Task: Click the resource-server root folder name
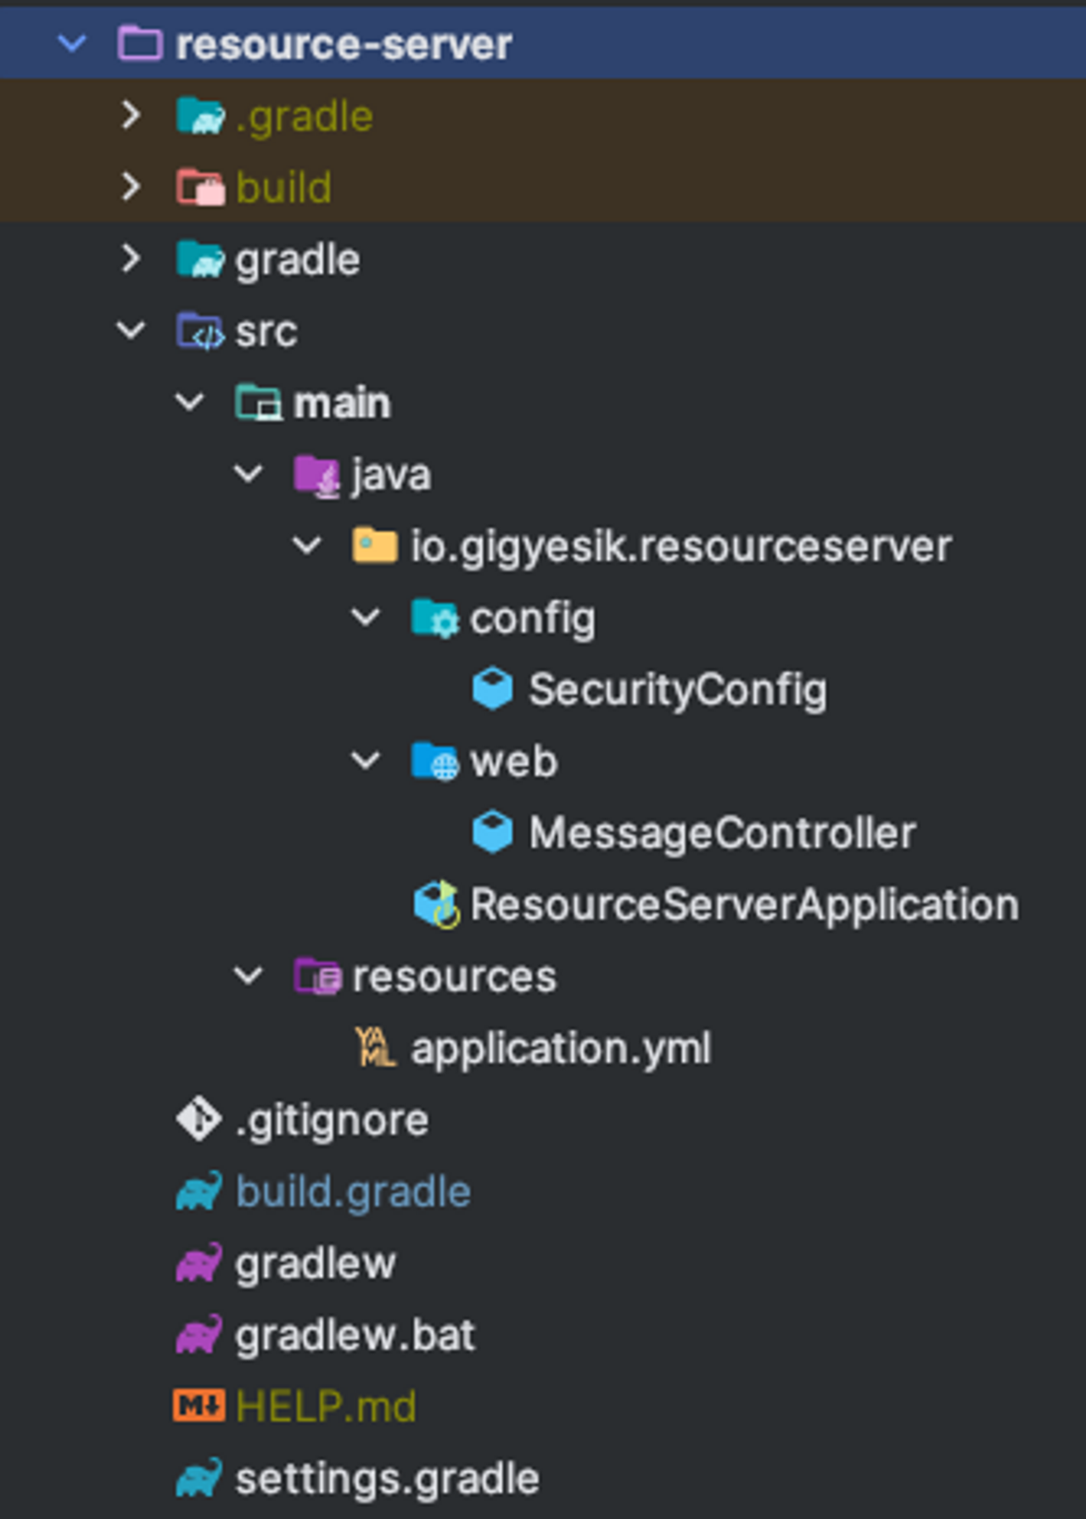tap(343, 45)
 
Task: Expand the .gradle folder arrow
tap(131, 115)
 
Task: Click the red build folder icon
tap(200, 187)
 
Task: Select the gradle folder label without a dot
tap(297, 260)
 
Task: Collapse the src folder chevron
tap(131, 331)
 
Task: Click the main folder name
tap(341, 403)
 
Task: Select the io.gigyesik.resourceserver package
tap(680, 546)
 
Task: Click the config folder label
tap(532, 618)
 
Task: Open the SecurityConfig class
tap(677, 690)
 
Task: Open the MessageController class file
tap(722, 833)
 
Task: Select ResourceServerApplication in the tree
tap(744, 905)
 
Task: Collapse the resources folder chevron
tap(248, 976)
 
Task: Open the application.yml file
tap(560, 1048)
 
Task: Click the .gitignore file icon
tap(199, 1120)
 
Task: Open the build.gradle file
tap(353, 1192)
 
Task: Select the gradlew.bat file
tap(355, 1335)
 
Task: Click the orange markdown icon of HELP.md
tap(199, 1406)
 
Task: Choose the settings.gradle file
tap(387, 1479)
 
